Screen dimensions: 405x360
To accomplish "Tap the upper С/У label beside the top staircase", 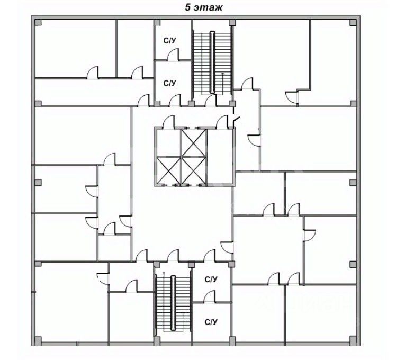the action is pyautogui.click(x=169, y=40).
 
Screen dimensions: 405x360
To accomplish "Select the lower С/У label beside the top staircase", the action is pyautogui.click(x=169, y=83).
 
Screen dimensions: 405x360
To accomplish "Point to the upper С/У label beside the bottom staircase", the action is pyautogui.click(x=211, y=278).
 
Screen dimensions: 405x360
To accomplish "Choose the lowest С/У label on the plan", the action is pyautogui.click(x=211, y=321).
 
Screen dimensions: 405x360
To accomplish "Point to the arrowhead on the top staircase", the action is pyautogui.click(x=223, y=75).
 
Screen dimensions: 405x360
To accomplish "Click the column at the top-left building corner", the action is pyautogui.click(x=37, y=22).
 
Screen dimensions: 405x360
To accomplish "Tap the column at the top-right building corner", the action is pyautogui.click(x=353, y=22).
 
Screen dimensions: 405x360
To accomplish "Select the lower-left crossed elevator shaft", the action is pyautogui.click(x=167, y=170).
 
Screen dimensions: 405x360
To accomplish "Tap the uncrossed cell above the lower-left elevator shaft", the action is pyautogui.click(x=167, y=141).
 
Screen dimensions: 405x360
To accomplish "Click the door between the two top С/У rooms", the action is pyautogui.click(x=175, y=55).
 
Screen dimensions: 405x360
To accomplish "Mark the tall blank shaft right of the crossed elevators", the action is pyautogui.click(x=220, y=156).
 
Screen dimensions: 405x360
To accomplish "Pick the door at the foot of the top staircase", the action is pyautogui.click(x=211, y=101).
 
